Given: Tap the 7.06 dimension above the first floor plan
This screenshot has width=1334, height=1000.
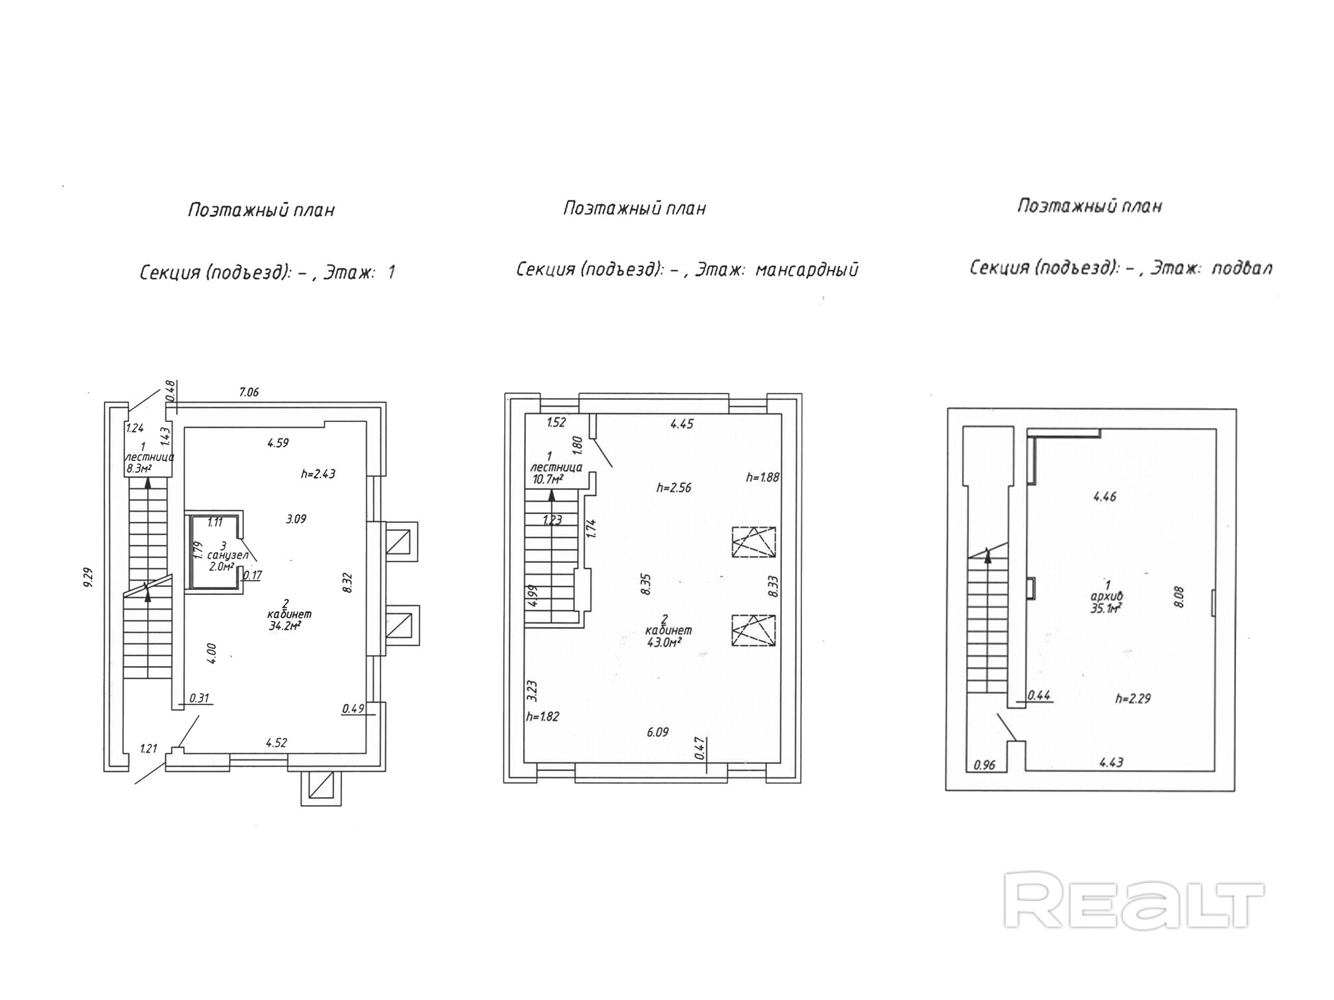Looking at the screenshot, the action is coord(249,392).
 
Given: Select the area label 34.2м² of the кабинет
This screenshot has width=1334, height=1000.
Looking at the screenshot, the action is coord(285,626).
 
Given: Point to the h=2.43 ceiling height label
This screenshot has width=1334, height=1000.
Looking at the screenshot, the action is coord(318,474).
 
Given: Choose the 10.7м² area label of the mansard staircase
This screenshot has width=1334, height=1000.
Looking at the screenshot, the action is coord(548,479).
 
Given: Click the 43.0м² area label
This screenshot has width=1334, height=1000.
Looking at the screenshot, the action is coord(665,642).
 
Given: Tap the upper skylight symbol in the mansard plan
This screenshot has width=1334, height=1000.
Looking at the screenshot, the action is coord(754,543).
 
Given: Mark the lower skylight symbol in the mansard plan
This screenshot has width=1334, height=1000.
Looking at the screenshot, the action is coord(754,630).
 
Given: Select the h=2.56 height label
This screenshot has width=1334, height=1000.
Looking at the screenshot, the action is coord(674,487).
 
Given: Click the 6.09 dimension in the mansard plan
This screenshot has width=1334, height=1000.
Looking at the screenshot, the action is coord(658,732).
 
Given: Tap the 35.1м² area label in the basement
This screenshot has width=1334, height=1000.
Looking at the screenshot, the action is coord(1106,607).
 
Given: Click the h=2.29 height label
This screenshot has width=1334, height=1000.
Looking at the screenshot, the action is coord(1132,698).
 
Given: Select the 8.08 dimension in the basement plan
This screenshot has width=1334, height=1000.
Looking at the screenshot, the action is coord(1178,597).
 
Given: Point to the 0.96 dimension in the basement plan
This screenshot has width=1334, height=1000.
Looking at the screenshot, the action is coord(985,765).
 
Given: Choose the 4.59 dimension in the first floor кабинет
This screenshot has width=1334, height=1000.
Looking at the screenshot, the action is coord(278,443).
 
